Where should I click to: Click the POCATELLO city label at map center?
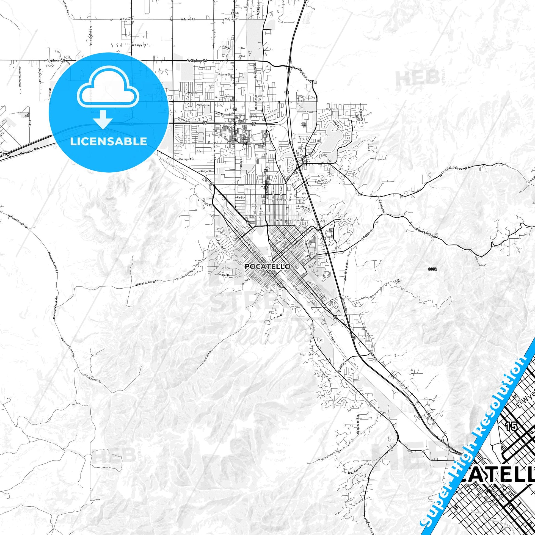pos(268,266)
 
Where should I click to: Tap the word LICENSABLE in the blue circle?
pos(108,141)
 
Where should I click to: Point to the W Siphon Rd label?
pos(197,60)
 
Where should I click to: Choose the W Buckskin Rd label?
pos(426,233)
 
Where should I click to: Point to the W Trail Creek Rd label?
pos(146,283)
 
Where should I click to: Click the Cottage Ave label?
pos(187,159)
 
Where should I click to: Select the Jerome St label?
pos(332,109)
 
